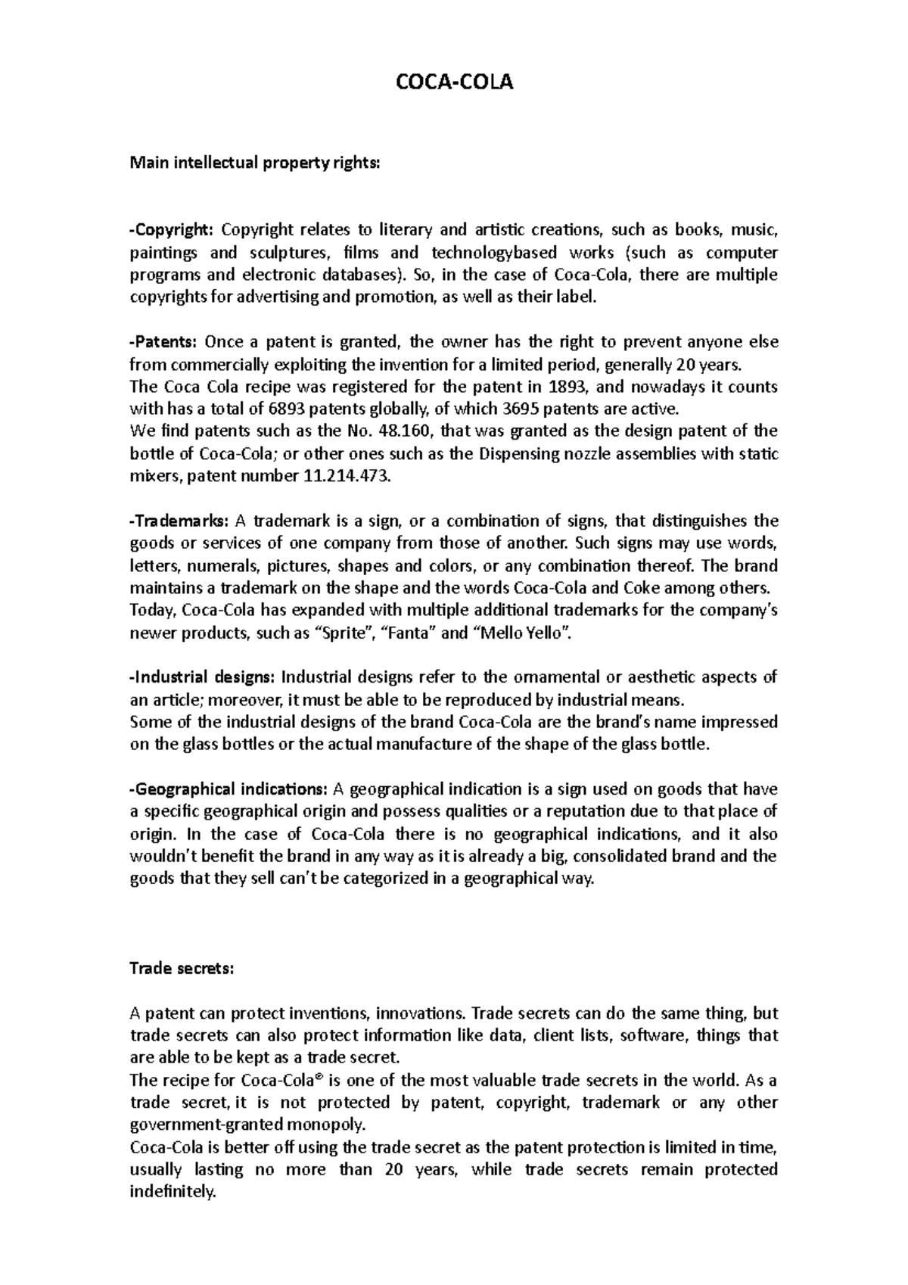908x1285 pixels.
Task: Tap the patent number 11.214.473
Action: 352,477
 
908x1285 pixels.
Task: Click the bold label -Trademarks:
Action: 179,521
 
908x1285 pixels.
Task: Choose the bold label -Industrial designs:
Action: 204,677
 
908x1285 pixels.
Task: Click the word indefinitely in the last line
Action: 173,1191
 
